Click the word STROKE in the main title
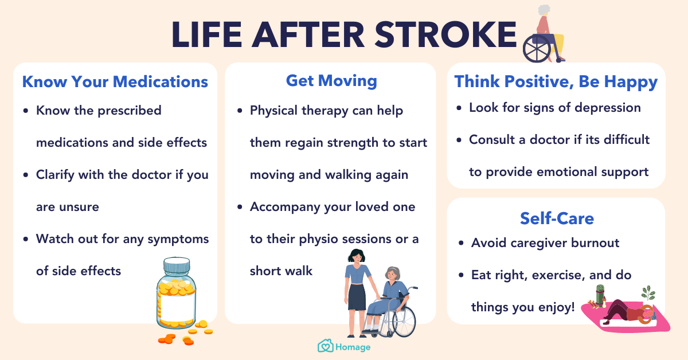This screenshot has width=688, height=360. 445,34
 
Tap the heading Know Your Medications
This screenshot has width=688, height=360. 115,82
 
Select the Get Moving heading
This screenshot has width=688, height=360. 331,81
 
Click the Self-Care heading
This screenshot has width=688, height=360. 557,218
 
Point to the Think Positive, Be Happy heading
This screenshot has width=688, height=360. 556,82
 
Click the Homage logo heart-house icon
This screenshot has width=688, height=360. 325,346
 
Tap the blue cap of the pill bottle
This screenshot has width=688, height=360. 177,265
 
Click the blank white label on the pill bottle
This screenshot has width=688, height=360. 178,307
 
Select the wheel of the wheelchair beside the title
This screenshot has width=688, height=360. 537,49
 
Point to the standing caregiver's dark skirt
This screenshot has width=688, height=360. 357,297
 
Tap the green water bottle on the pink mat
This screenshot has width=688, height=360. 600,295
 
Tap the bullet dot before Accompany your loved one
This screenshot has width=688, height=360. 240,207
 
